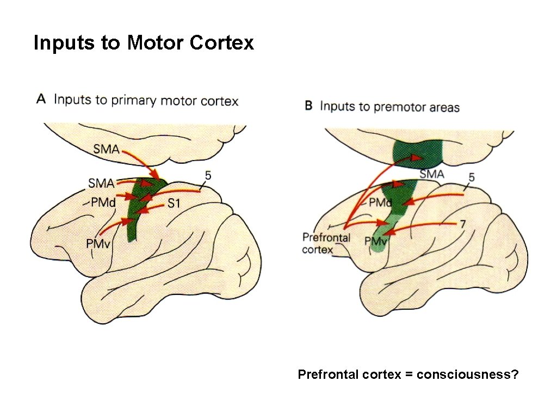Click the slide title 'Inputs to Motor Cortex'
click(144, 42)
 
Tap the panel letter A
click(41, 99)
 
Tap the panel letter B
click(308, 106)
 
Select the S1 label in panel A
click(174, 204)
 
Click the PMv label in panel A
click(98, 244)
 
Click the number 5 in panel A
click(208, 175)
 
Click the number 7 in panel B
click(462, 223)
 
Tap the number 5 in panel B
click(471, 177)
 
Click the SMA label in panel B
click(432, 174)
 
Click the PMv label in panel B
click(375, 241)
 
